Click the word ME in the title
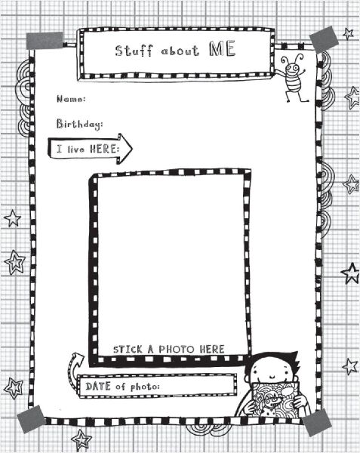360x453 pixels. (222, 49)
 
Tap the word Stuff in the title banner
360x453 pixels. (134, 51)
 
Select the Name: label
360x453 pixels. (71, 99)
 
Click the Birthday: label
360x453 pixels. (79, 125)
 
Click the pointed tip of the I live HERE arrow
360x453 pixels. (132, 149)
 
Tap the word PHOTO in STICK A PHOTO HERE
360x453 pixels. (176, 350)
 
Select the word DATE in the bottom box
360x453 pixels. (98, 386)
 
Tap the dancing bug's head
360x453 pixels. (292, 68)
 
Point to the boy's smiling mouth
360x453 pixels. (272, 377)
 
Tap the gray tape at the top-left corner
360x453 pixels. (45, 41)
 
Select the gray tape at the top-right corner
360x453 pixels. (324, 39)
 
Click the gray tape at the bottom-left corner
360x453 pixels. (31, 419)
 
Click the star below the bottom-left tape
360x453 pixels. (82, 439)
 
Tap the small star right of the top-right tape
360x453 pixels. (349, 33)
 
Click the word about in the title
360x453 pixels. (180, 51)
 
